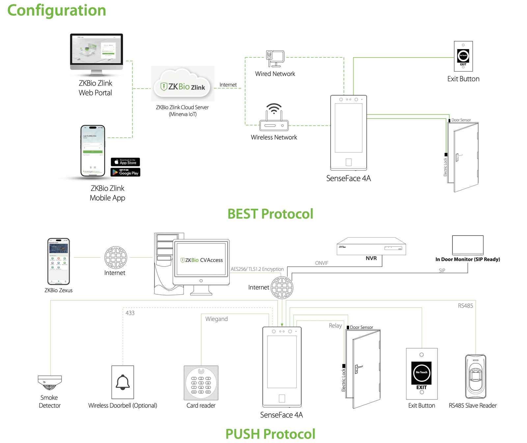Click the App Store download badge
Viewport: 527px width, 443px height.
click(x=125, y=162)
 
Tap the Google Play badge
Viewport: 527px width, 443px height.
click(x=125, y=172)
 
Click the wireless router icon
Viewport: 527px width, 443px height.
click(x=274, y=118)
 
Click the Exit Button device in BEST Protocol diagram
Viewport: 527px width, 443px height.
click(x=463, y=56)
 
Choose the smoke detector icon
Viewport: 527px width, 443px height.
click(x=50, y=382)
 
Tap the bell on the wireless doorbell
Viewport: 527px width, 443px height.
click(x=123, y=382)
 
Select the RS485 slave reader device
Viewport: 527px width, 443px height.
click(x=475, y=376)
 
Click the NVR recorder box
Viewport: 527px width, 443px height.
click(x=371, y=246)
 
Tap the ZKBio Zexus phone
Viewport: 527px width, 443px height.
click(x=59, y=261)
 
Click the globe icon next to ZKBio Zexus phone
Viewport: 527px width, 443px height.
click(x=116, y=258)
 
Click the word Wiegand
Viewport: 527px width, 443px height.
click(x=216, y=319)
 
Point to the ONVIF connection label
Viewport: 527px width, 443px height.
click(x=321, y=263)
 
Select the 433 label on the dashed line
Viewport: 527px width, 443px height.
click(x=130, y=313)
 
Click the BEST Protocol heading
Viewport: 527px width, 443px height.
click(x=270, y=214)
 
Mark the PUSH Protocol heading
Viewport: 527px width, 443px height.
click(x=270, y=434)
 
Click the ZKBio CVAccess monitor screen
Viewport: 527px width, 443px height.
click(x=201, y=260)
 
